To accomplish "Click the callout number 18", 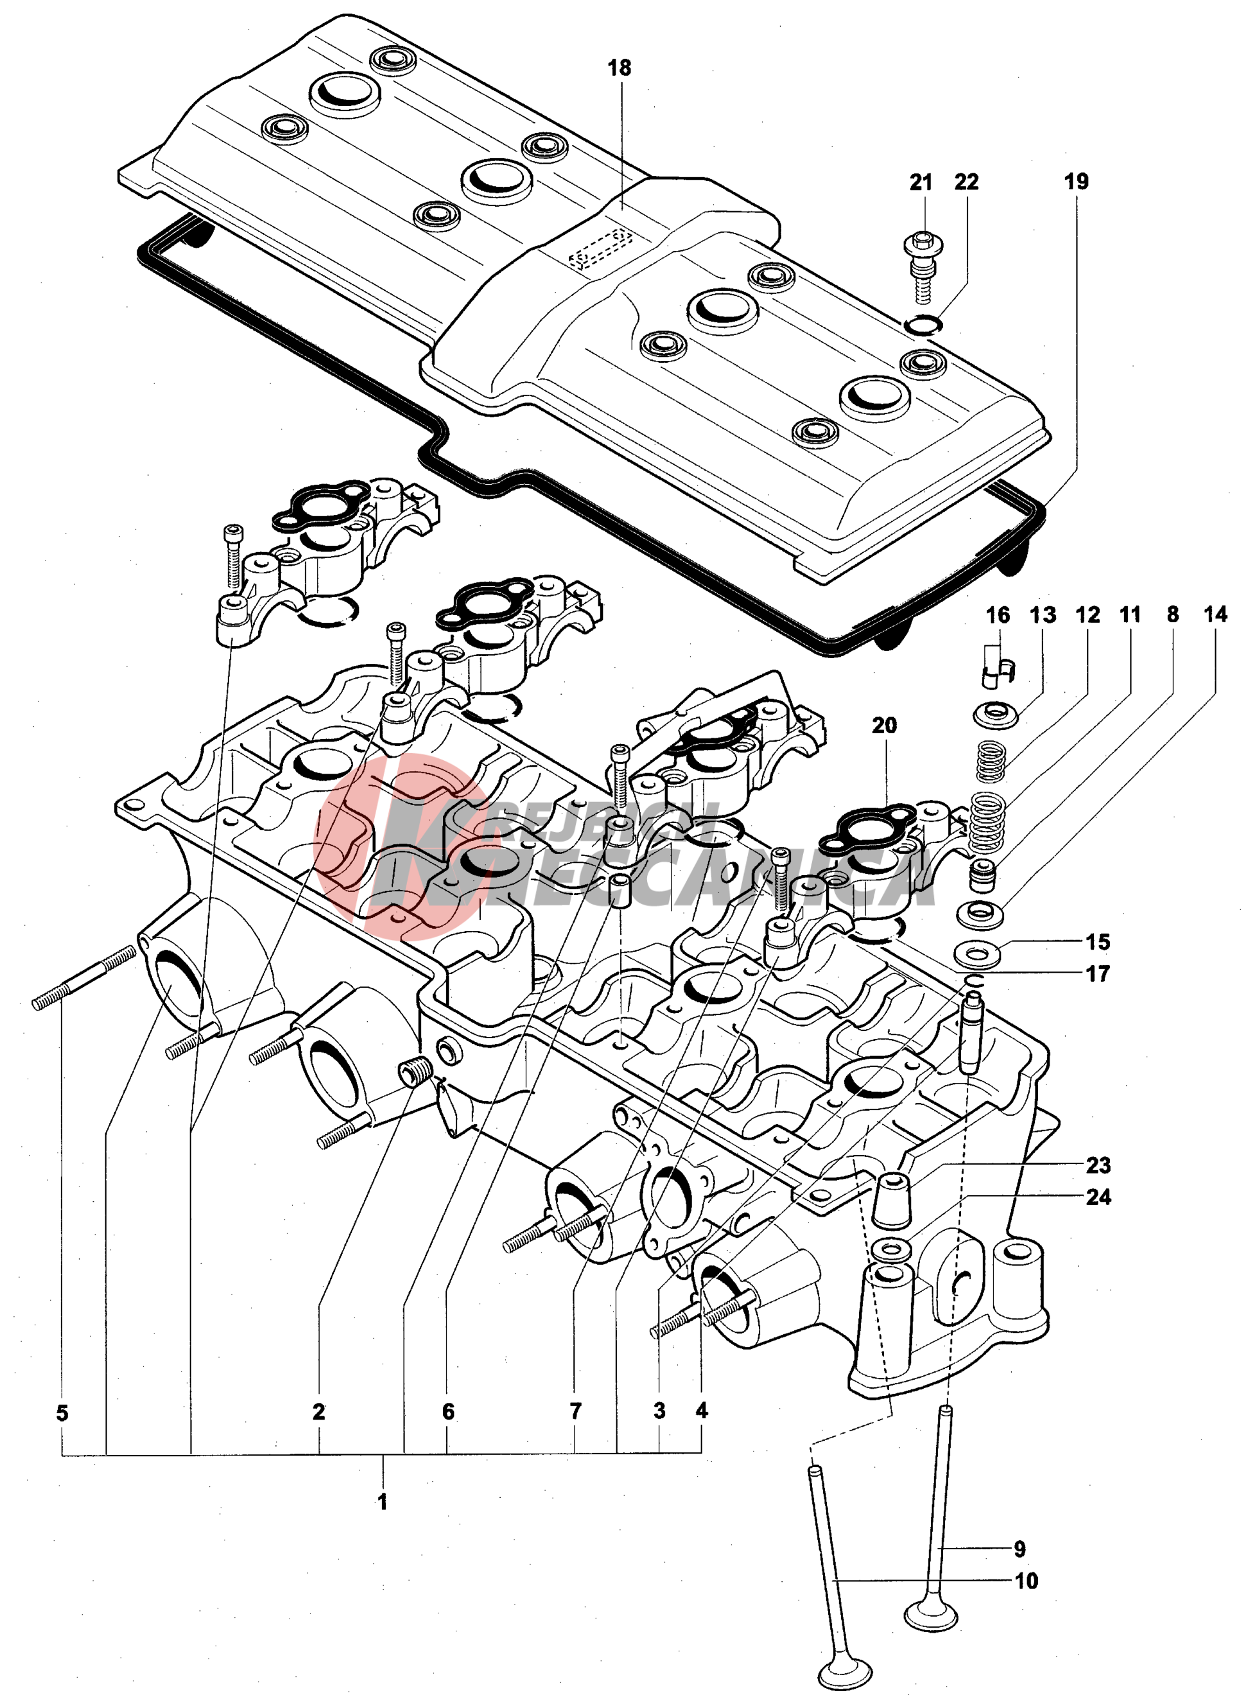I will coord(619,68).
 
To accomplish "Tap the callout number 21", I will coord(921,182).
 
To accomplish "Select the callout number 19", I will coord(1077,182).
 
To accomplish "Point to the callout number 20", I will coord(885,725).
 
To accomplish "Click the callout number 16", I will coord(998,616).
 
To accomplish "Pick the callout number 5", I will coord(62,1412).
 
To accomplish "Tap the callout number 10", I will coord(1027,1581).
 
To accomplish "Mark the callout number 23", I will coord(1098,1165).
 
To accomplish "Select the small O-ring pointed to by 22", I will coord(923,324).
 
